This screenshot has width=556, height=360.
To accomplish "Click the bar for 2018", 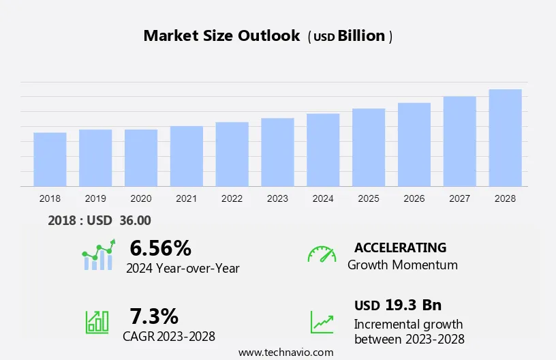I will [x=50, y=160].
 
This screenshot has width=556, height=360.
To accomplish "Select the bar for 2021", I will [x=187, y=156].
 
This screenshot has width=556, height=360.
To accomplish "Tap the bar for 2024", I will [x=323, y=150].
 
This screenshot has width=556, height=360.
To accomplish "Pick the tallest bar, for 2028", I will [x=505, y=138].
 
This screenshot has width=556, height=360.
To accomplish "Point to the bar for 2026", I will [x=414, y=145].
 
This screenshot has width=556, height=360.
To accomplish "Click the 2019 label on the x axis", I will [x=95, y=198].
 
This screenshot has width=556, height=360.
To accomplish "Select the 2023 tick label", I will [x=277, y=198].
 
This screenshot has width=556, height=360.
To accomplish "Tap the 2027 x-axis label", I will [x=459, y=198].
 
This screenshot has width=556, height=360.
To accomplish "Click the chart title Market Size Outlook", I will [x=221, y=36].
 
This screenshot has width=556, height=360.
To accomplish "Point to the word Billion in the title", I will [x=362, y=36].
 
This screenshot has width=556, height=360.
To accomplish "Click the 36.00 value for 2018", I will [x=135, y=220].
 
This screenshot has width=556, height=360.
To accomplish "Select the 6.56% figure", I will [x=161, y=247].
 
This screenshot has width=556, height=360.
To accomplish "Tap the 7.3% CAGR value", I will [x=154, y=316].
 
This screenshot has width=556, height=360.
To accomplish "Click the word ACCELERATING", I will [x=400, y=247].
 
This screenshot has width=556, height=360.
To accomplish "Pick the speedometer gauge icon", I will [x=322, y=254].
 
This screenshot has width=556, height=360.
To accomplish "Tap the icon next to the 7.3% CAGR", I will [x=97, y=322].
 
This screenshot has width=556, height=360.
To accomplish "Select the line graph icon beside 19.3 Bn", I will [x=322, y=322].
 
